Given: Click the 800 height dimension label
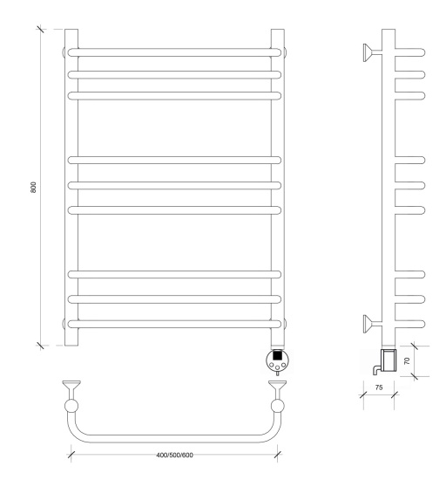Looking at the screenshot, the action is tap(34, 187).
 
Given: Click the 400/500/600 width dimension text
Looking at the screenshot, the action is tap(174, 455).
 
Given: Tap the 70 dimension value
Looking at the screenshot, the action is tap(407, 360).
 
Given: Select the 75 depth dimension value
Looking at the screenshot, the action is tap(379, 387).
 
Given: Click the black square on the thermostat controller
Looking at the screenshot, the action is tap(277, 355).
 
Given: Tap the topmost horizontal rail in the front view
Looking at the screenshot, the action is tap(174, 52).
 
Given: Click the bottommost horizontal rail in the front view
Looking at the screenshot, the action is tap(174, 324).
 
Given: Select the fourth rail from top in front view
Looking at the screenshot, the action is tap(174, 160).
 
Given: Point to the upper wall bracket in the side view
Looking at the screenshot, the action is tap(372, 52).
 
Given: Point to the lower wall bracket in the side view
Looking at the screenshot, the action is tap(372, 324).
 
